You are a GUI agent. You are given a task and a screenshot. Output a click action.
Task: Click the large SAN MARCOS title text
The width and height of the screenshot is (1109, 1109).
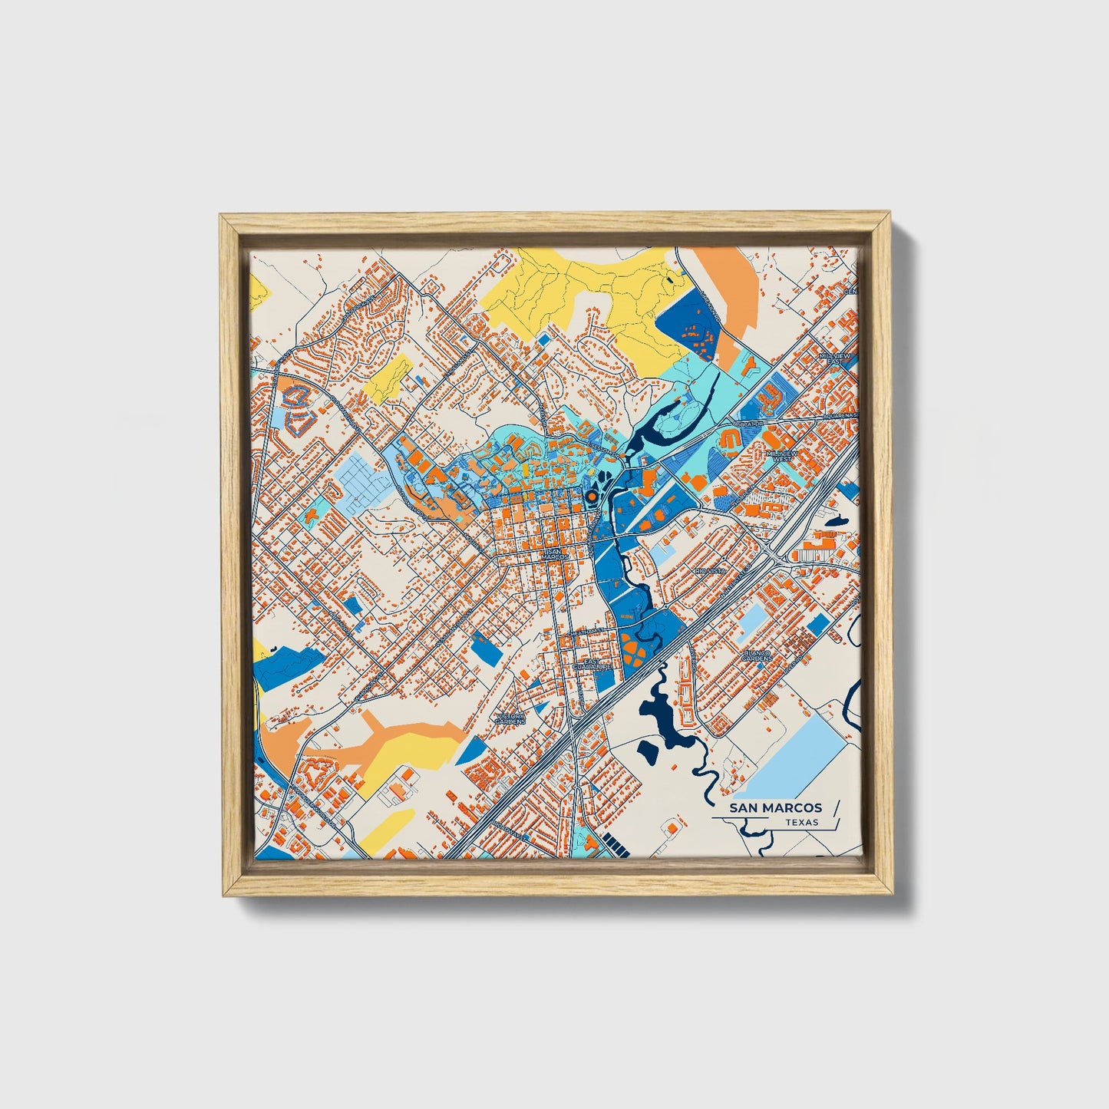click(775, 807)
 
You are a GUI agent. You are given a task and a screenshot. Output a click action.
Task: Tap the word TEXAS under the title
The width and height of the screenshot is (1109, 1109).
click(801, 822)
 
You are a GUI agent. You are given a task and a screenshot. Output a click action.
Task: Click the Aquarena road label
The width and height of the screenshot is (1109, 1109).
click(837, 415)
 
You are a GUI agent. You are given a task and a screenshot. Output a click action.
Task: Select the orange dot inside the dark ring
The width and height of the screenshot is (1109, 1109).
click(591, 497)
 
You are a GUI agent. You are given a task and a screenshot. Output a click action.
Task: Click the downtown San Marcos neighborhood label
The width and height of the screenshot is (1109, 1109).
click(554, 554)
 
